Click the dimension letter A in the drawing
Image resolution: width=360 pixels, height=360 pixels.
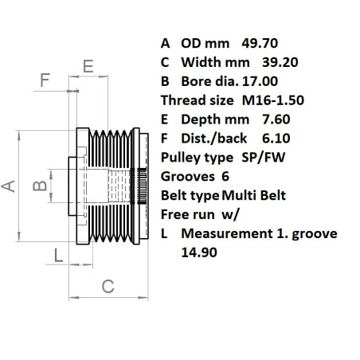(x=10, y=186)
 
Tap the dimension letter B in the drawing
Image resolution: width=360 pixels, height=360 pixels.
(x=36, y=186)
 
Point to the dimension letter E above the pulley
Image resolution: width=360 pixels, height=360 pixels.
(x=88, y=65)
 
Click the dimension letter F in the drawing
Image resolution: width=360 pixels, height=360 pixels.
(x=45, y=79)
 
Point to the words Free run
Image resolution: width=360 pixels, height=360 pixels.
(x=188, y=214)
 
